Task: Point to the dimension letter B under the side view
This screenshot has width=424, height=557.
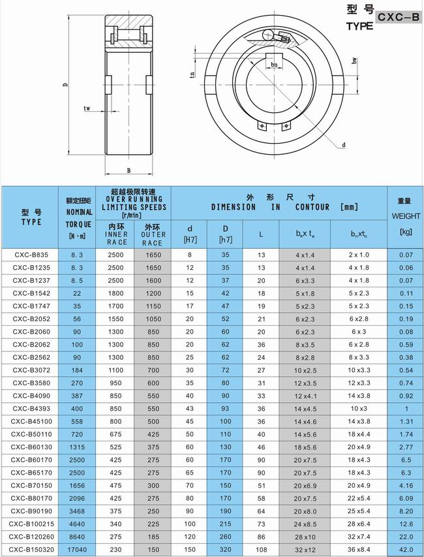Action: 129,171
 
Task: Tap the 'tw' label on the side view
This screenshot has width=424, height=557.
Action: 86,108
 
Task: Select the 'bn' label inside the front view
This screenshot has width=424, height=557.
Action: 275,65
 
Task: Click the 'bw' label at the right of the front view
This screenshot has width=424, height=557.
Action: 354,61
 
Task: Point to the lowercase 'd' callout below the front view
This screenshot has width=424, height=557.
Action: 343,145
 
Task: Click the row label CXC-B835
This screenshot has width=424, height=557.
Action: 31,255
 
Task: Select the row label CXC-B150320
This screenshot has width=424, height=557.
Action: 31,550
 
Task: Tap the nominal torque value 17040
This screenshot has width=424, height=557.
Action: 76,550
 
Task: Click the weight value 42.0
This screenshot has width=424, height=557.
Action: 405,550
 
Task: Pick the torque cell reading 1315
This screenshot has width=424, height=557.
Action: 76,447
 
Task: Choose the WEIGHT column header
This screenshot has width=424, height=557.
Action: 405,215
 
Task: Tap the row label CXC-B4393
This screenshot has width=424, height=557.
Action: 31,409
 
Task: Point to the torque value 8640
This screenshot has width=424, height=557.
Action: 76,537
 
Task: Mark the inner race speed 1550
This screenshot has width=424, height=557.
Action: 115,319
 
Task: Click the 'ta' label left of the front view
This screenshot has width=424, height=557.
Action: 193,74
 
